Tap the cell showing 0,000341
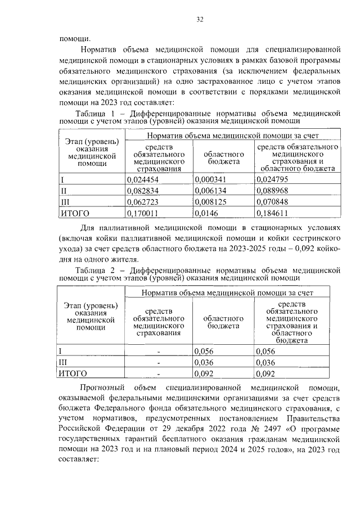pos(208,179)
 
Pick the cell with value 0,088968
pos(272,191)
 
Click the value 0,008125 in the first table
pos(208,201)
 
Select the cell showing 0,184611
pos(272,213)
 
